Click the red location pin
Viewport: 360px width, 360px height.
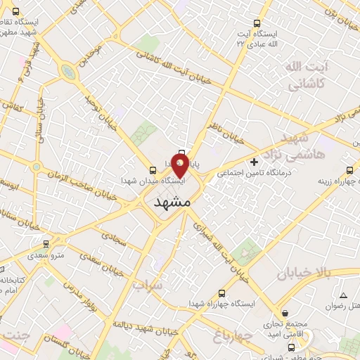pyautogui.click(x=180, y=166)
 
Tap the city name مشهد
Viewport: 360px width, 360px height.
pyautogui.click(x=172, y=201)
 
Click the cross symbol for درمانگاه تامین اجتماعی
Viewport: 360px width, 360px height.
pyautogui.click(x=255, y=162)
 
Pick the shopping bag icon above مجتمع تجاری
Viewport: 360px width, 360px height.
pyautogui.click(x=285, y=313)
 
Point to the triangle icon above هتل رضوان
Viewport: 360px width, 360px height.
pyautogui.click(x=343, y=295)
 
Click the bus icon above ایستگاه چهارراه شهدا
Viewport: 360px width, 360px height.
pyautogui.click(x=223, y=292)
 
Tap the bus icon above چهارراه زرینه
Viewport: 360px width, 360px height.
pyautogui.click(x=350, y=169)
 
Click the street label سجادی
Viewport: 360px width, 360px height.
pyautogui.click(x=115, y=239)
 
